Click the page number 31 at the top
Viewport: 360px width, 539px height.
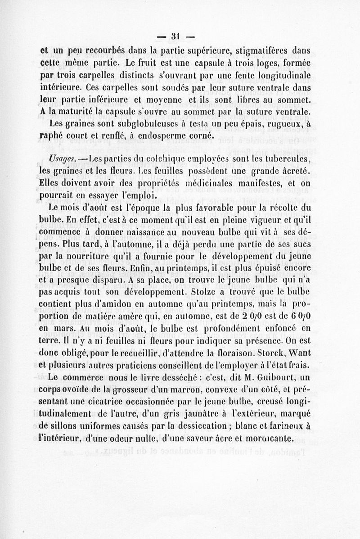click(175, 35)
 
